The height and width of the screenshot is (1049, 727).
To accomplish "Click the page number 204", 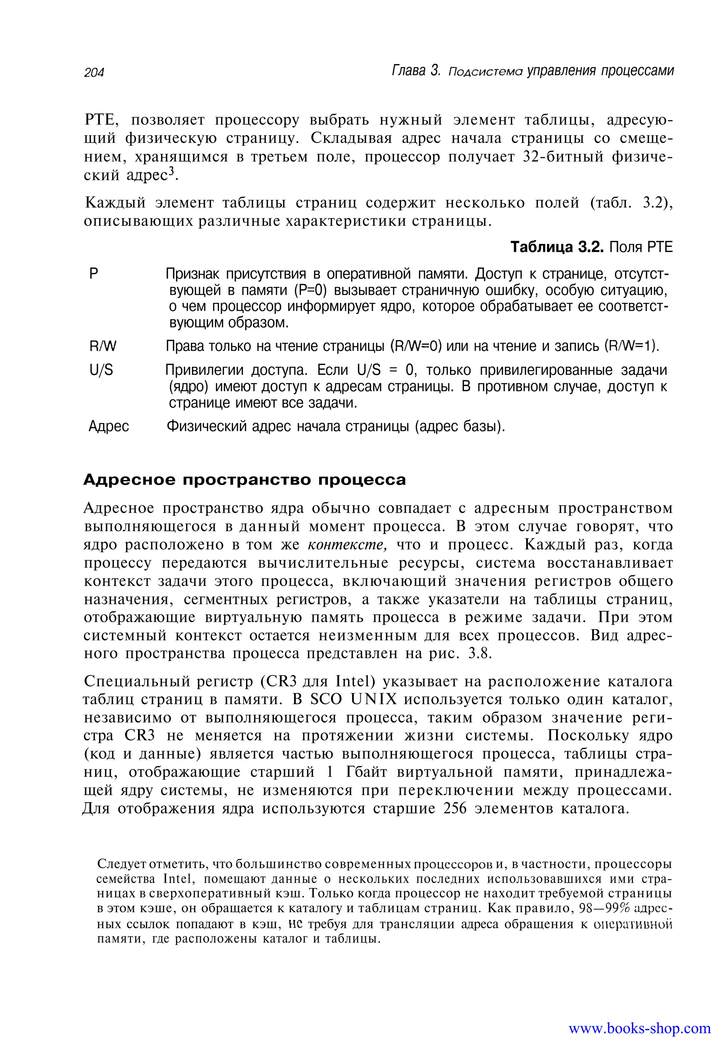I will coord(94,72).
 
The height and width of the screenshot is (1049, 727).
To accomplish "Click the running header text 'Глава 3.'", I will coord(416,71).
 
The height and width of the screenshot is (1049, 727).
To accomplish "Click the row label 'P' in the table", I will coord(93,274).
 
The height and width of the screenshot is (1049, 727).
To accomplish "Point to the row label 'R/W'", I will coord(103,346).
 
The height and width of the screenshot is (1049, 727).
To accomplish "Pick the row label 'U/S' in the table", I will coord(101,370).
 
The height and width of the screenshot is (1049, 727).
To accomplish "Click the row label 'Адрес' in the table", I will coord(108,426).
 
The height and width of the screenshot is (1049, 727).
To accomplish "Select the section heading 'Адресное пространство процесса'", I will coord(244,480).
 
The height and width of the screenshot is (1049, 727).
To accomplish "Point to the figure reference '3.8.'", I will coord(480,654).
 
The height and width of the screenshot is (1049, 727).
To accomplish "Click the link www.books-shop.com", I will coord(639,1028).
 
